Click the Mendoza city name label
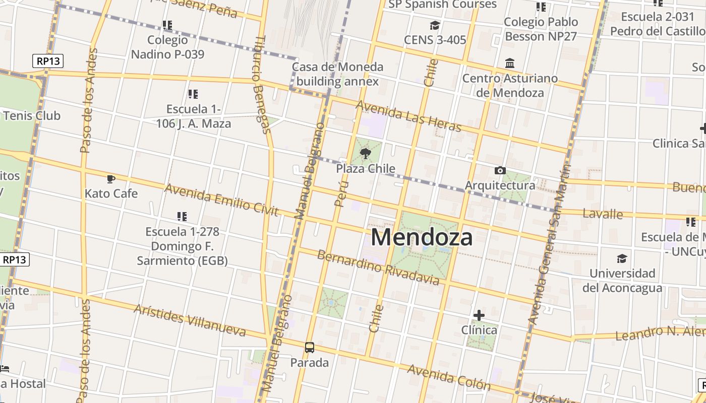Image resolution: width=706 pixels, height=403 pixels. tap(422, 237)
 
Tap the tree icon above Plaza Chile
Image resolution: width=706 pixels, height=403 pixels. tap(366, 153)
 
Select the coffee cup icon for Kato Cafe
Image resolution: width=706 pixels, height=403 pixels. tap(111, 179)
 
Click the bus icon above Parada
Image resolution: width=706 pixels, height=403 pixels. tap(310, 347)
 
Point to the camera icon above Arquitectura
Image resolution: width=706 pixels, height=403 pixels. tap(500, 171)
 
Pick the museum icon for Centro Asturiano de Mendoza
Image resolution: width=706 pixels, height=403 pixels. tap(510, 63)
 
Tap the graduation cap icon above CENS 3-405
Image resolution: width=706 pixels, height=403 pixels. tap(435, 25)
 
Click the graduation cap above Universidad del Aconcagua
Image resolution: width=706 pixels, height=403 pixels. tap(622, 258)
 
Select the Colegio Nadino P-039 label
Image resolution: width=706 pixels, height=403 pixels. tap(167, 47)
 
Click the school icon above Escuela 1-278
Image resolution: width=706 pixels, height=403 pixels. tap(182, 217)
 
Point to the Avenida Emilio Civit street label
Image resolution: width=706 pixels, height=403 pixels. tap(221, 199)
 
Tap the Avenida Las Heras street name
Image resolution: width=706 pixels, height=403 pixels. tap(408, 116)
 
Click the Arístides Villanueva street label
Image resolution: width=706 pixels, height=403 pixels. tap(190, 320)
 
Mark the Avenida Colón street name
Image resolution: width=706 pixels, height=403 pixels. tap(448, 377)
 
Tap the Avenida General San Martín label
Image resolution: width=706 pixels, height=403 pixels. tap(549, 244)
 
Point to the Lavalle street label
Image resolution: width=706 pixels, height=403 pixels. tap(603, 214)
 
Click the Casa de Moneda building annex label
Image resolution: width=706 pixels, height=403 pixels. tap(337, 74)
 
